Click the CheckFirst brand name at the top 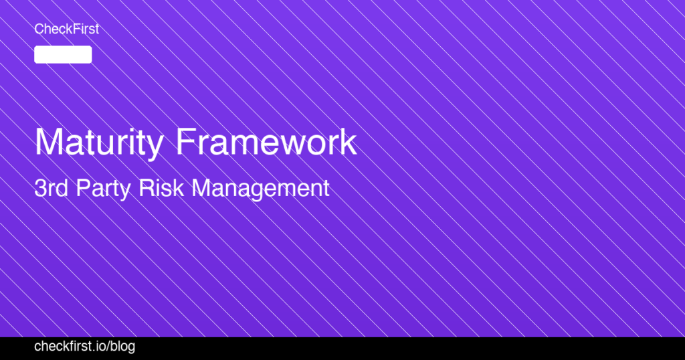66,29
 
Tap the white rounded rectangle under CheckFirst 63,55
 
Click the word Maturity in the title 98,143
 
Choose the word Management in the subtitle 261,189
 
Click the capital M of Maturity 49,143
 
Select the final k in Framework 349,143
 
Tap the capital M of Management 202,188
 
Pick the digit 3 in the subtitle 39,188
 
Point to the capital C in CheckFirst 39,29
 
